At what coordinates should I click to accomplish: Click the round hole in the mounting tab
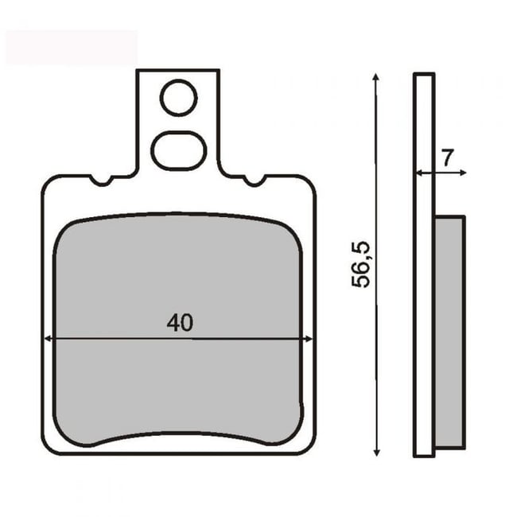pos(178,99)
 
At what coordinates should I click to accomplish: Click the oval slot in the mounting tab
pos(179,150)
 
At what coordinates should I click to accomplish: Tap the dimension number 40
pos(181,323)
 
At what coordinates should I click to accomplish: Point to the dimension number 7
pos(448,157)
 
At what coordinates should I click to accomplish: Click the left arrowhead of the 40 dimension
pos(47,339)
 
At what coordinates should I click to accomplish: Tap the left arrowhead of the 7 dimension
pos(418,172)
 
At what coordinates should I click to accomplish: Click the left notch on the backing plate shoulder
pos(100,181)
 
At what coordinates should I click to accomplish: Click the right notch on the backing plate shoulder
pos(255,181)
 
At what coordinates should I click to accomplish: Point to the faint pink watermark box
pos(71,47)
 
